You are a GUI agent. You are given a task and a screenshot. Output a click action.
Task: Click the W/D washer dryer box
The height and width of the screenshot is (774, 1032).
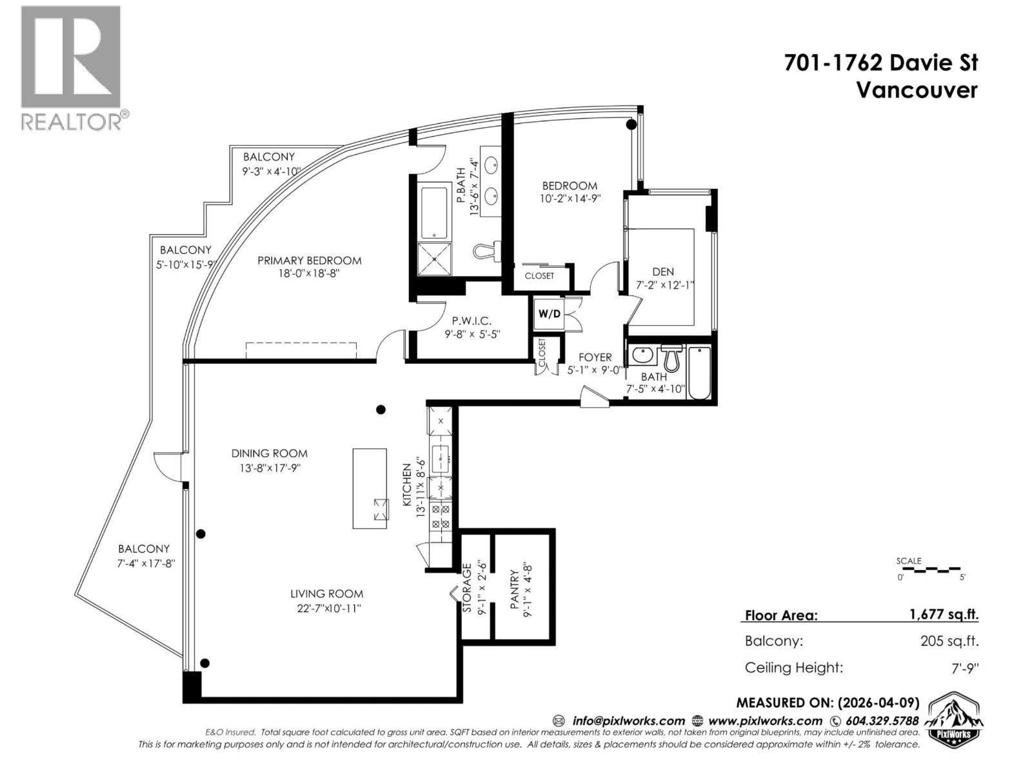[549, 314]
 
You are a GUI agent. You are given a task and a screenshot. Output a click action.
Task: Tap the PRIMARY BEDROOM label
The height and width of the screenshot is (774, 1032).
[309, 261]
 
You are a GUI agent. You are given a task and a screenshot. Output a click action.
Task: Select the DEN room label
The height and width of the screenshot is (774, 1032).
[662, 272]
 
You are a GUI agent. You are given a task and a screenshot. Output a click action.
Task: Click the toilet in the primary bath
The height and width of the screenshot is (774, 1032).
[486, 250]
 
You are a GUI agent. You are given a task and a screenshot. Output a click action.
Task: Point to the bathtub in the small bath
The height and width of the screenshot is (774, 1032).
[699, 373]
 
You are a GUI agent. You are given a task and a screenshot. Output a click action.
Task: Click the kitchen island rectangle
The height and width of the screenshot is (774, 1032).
[370, 488]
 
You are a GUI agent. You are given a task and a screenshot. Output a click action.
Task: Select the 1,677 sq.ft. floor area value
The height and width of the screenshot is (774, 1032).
[944, 614]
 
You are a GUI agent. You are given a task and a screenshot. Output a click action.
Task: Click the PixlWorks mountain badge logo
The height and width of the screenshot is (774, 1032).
[957, 720]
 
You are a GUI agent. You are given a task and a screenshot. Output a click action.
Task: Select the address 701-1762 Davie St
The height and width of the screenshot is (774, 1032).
[880, 63]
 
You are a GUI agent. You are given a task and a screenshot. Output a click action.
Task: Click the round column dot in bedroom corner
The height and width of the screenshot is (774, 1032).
[632, 124]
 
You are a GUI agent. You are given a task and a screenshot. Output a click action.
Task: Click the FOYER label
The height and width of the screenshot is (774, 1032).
[595, 357]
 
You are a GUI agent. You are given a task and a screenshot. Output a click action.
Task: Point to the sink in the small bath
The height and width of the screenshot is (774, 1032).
[642, 355]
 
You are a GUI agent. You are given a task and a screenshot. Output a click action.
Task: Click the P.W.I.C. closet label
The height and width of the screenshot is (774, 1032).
[471, 321]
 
